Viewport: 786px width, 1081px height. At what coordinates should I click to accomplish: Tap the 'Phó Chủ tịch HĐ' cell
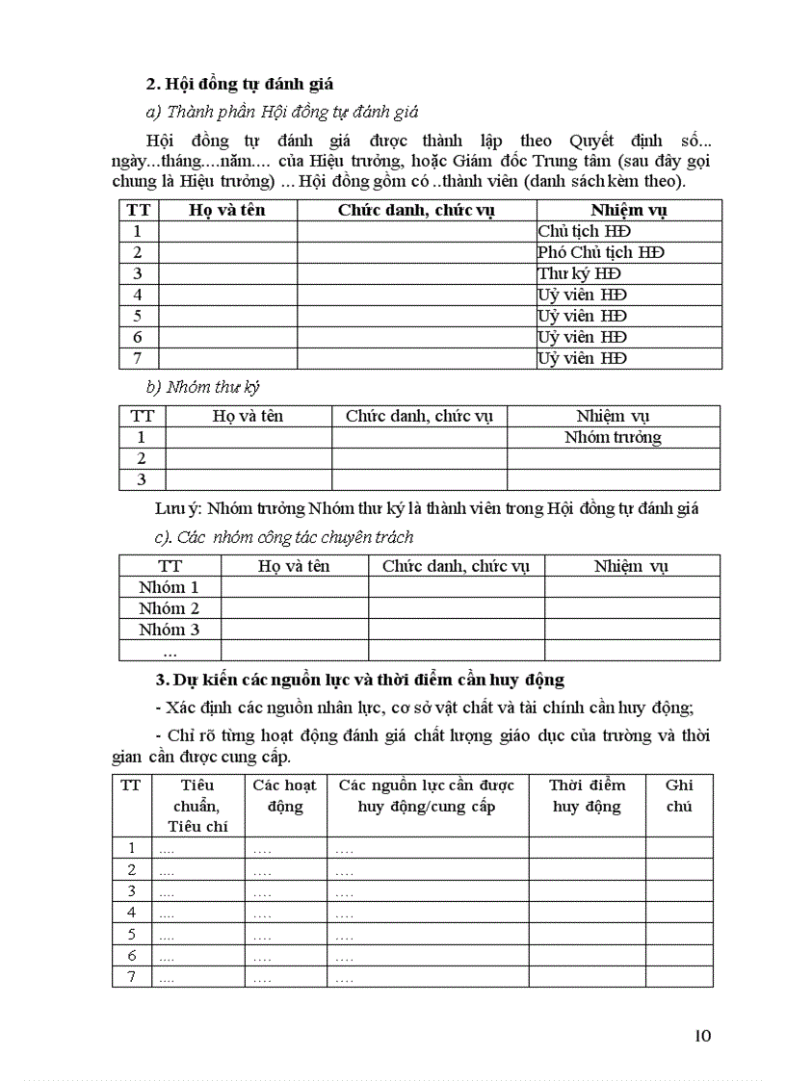pos(601,252)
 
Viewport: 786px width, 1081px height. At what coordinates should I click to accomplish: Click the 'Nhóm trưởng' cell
pos(613,437)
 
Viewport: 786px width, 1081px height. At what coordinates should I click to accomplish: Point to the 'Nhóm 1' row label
pos(169,587)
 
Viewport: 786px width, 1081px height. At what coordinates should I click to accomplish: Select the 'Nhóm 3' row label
pos(169,630)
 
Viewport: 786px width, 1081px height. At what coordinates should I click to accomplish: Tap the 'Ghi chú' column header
pos(679,796)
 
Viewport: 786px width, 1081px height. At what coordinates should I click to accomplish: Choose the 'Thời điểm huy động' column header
pos(587,796)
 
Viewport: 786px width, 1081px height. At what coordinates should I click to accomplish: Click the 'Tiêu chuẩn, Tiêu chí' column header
pos(197,806)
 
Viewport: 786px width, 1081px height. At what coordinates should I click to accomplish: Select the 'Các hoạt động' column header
pos(285,796)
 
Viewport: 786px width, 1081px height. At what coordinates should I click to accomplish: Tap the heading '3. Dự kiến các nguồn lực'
pos(360,681)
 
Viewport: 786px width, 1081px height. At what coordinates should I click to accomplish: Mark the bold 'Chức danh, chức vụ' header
pos(416,210)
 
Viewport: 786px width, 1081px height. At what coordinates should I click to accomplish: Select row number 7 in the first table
pos(138,358)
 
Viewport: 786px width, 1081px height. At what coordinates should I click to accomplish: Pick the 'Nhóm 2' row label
pos(169,608)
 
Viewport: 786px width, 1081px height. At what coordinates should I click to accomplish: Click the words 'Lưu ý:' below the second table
pos(178,508)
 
